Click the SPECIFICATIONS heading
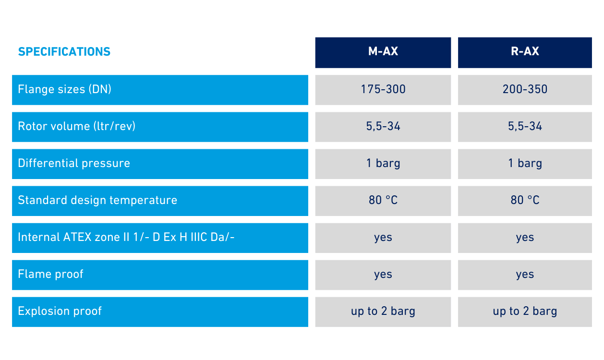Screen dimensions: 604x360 point(64,51)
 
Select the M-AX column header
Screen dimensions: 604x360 point(383,53)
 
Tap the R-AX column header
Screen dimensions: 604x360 point(525,53)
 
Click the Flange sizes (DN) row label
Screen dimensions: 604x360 point(160,90)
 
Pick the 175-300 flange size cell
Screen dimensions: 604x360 point(383,90)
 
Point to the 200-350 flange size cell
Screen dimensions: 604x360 point(525,90)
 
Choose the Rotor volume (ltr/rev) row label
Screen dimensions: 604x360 point(160,127)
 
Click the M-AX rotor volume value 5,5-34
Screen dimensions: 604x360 point(383,127)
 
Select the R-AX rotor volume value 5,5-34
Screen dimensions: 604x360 point(525,127)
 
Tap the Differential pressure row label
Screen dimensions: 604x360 point(160,164)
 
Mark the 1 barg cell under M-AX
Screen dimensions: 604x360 point(383,164)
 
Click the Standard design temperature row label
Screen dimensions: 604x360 point(160,201)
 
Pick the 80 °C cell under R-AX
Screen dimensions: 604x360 point(525,201)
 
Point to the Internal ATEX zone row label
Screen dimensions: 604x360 point(160,238)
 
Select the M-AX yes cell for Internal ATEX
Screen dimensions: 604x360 point(383,238)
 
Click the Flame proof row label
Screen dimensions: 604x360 point(160,275)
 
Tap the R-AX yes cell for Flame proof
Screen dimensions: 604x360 point(525,275)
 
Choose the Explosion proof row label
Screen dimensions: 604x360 point(160,312)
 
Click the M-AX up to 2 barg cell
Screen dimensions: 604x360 point(383,312)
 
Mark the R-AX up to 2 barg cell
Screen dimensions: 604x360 point(525,312)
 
